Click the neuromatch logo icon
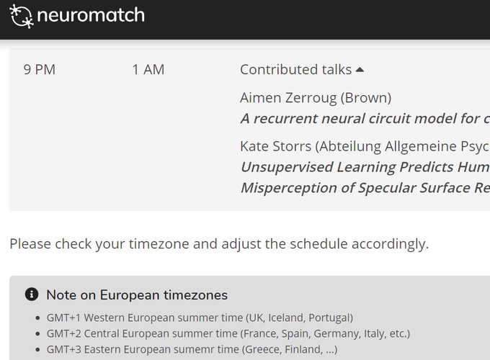coord(22,17)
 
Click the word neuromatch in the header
coord(91,15)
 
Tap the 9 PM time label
coord(40,69)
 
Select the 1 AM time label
coord(148,69)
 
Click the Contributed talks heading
coord(295,69)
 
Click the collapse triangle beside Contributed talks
coord(360,70)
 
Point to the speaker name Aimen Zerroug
coord(288,98)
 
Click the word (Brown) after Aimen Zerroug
coord(366,98)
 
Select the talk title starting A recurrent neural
coord(365,119)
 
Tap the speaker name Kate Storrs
coord(275,146)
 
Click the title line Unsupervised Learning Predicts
coord(365,167)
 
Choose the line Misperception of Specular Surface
coord(365,188)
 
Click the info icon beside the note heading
coord(32,294)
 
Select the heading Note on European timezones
coord(137,295)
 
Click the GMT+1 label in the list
coord(63,318)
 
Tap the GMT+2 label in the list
coord(63,334)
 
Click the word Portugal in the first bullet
coord(331,318)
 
